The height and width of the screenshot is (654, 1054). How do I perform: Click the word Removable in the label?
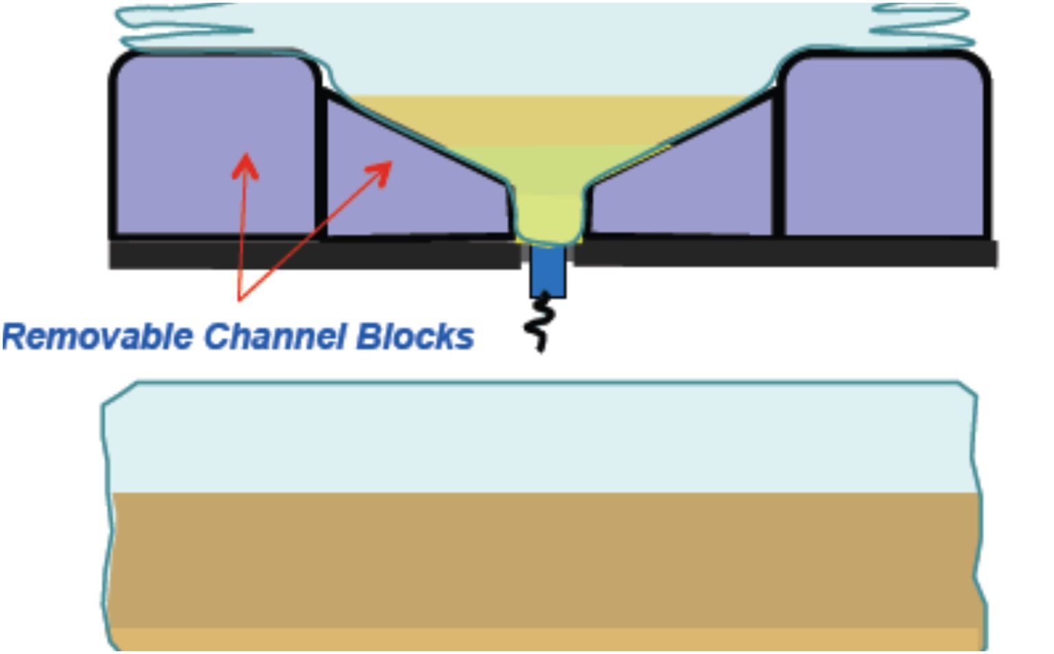click(x=98, y=336)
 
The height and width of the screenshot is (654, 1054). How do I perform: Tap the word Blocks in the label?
click(x=415, y=336)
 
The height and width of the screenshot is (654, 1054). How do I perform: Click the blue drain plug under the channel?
click(x=548, y=271)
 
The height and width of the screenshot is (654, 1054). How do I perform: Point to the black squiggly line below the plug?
click(x=539, y=323)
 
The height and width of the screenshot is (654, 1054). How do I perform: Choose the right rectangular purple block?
click(x=885, y=144)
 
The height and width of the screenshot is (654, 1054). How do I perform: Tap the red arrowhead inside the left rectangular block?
click(x=245, y=165)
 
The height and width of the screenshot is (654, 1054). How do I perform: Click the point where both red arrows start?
click(x=239, y=299)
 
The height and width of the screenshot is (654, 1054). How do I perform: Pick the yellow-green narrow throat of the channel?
click(x=549, y=216)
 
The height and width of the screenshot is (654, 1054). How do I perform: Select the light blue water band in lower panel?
click(x=542, y=439)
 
